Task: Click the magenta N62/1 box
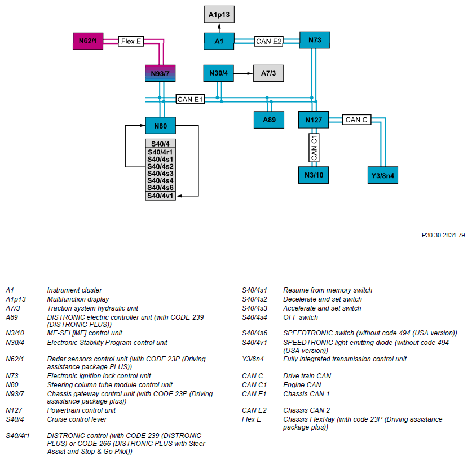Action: point(88,41)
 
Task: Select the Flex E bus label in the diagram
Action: point(131,41)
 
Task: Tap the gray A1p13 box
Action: point(219,14)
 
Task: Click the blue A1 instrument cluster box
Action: point(219,41)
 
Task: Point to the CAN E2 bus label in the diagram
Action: point(269,41)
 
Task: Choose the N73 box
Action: point(315,40)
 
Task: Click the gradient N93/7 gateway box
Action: point(160,73)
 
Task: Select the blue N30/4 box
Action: point(219,73)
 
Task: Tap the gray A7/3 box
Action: point(268,73)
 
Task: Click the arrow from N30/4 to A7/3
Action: point(244,73)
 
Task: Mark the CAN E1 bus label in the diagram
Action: point(190,99)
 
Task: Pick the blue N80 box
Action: point(161,126)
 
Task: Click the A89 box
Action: point(269,120)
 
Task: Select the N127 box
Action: point(314,120)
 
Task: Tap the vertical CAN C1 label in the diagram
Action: point(314,148)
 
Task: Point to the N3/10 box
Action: point(314,175)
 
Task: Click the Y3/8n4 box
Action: point(382,175)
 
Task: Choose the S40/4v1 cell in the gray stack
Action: point(161,196)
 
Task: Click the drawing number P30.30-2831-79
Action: point(443,235)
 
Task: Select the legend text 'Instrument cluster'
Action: point(74,290)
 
